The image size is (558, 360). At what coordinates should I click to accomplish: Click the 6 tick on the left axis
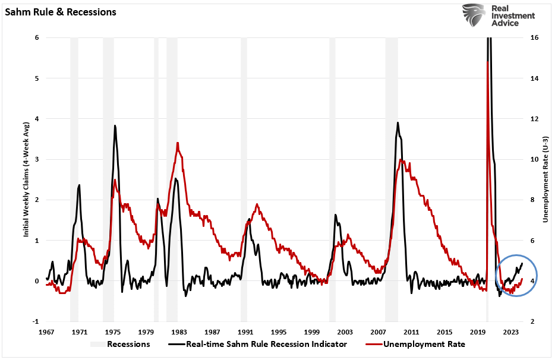37,37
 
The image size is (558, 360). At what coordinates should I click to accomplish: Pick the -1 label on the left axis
36,321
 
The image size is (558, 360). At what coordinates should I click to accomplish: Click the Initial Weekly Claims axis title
27,178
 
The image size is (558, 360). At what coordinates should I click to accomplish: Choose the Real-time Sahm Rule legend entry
264,344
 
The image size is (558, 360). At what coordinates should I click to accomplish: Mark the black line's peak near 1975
115,125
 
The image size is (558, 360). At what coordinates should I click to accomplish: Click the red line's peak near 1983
178,143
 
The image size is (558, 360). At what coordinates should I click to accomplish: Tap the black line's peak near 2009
398,123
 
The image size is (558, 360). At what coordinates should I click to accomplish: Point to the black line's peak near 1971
79,185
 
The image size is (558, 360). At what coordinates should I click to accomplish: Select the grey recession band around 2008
391,178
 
